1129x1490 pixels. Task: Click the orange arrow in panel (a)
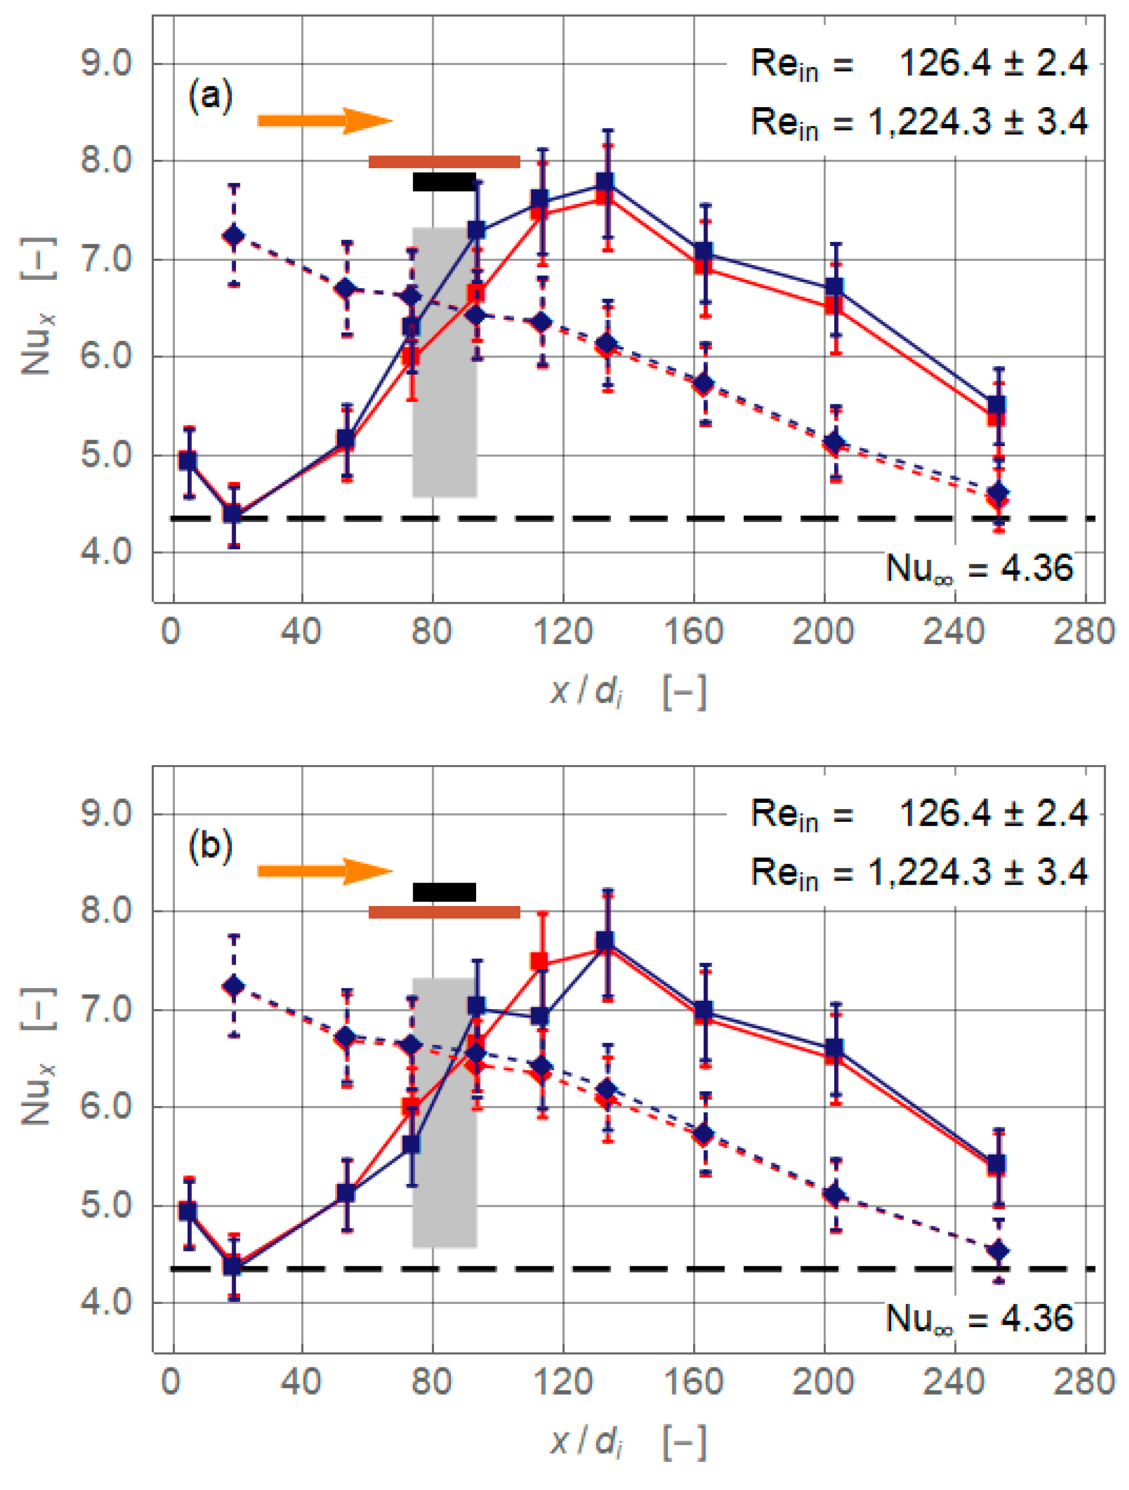324,121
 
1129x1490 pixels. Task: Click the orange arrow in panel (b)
324,870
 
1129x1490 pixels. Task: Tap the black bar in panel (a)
444,182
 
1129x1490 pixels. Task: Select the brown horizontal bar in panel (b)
444,912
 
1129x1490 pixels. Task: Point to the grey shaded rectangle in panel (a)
445,362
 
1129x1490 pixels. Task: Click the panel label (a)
211,95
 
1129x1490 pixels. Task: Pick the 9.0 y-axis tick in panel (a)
107,64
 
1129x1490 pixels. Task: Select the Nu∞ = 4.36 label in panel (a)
979,568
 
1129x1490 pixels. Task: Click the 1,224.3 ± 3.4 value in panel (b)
978,872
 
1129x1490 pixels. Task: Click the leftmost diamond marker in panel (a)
234,236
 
